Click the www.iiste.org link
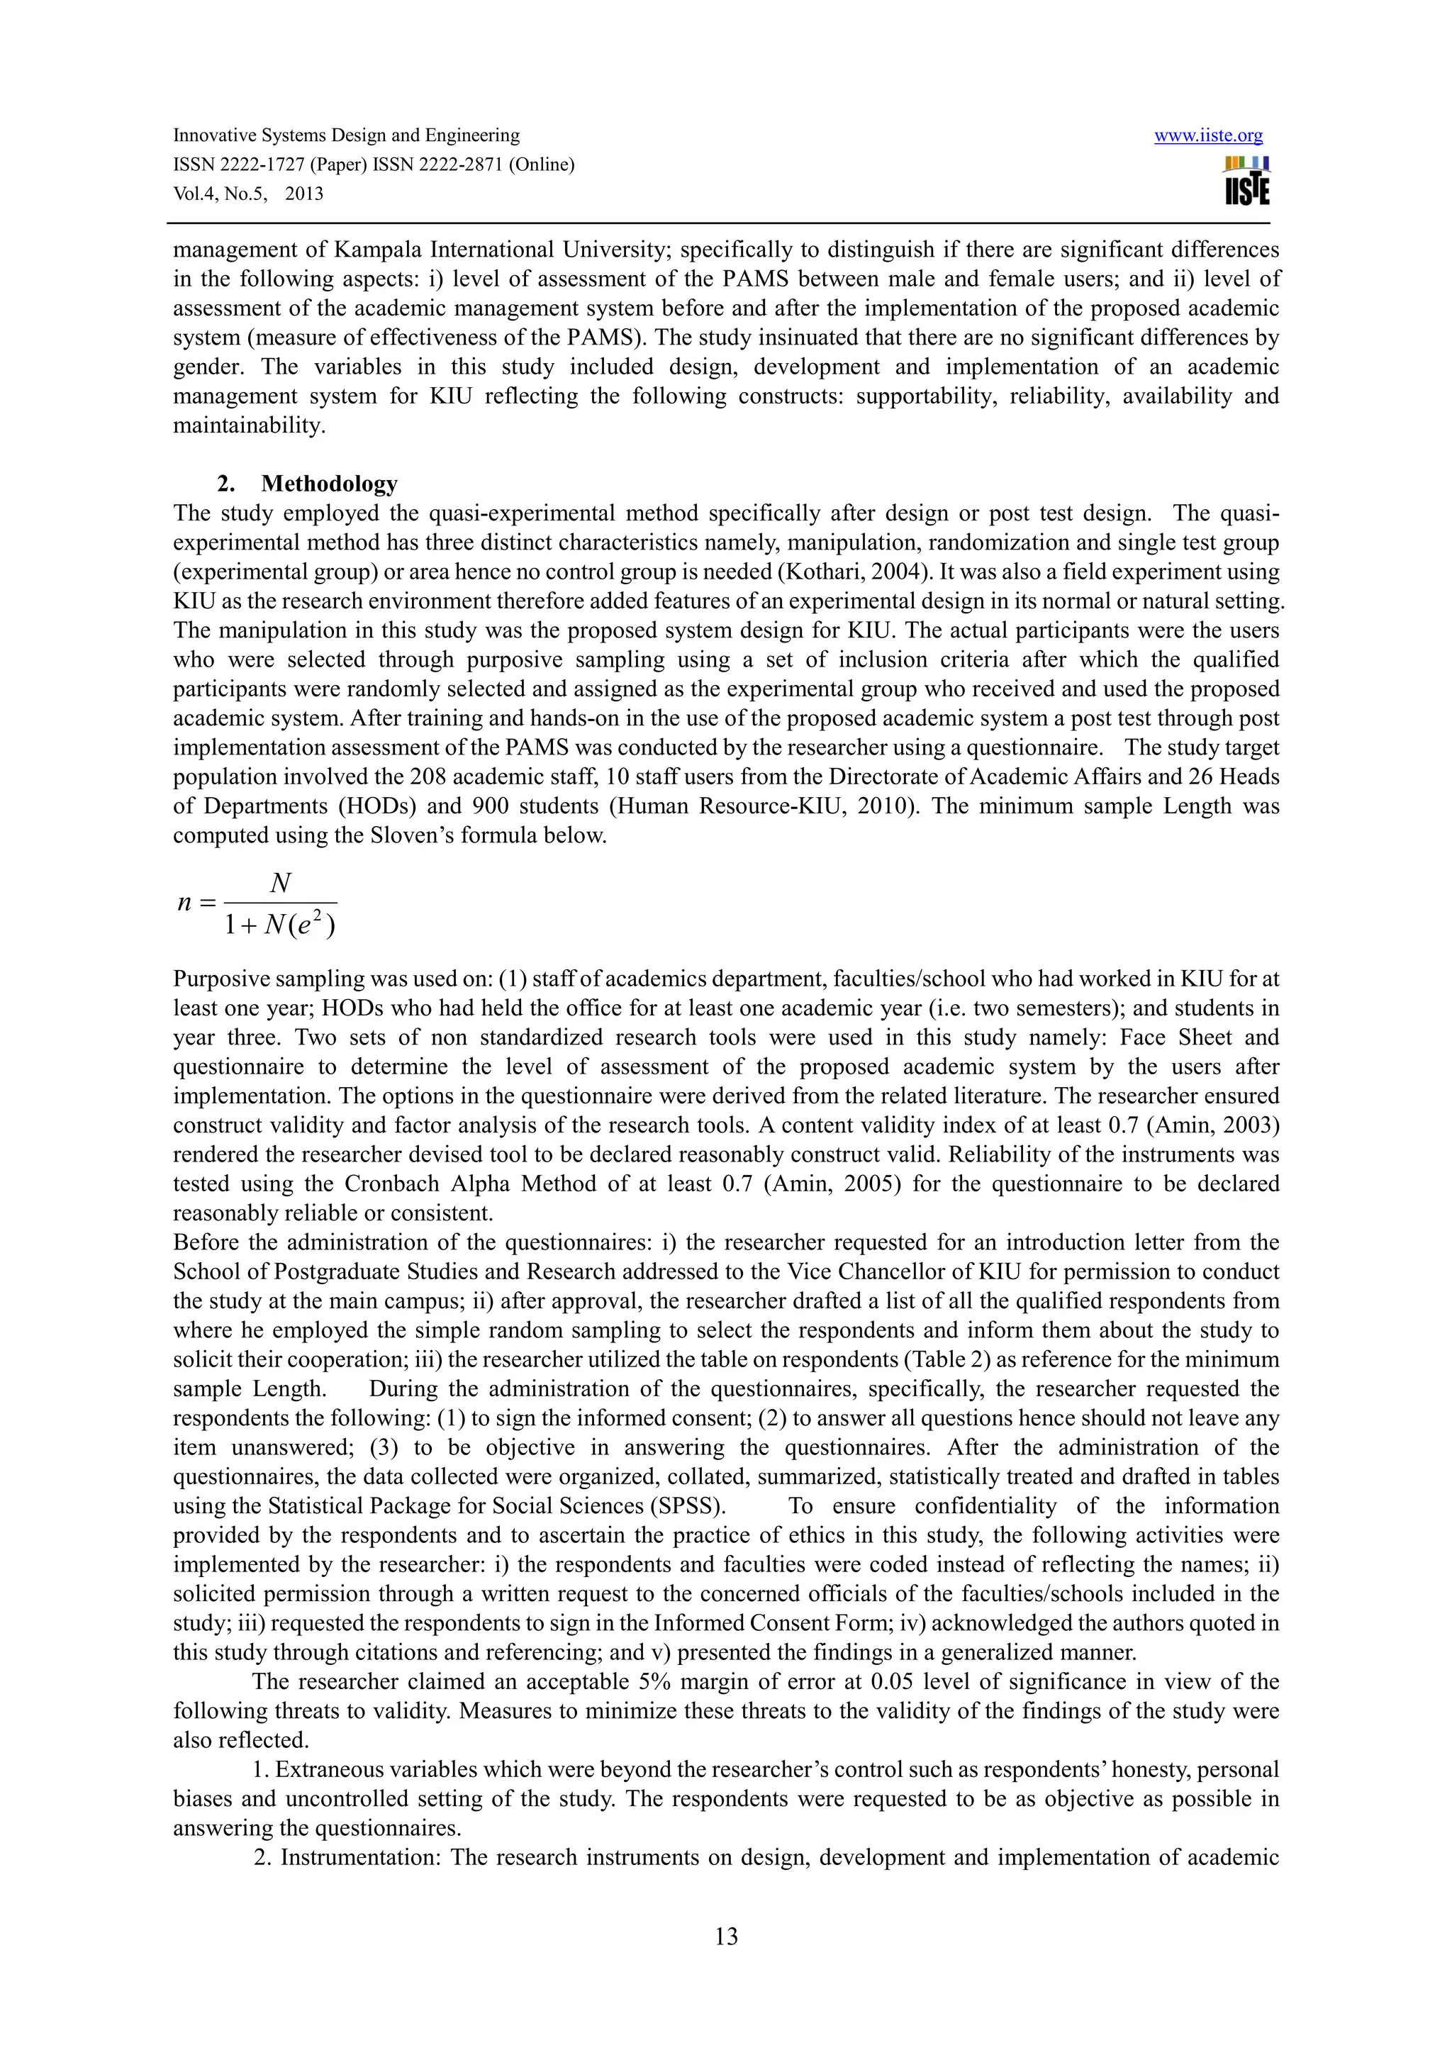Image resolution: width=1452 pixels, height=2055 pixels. pos(1208,136)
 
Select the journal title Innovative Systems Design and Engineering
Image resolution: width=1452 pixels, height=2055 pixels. pos(346,136)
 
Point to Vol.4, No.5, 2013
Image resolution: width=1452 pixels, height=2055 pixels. pos(248,194)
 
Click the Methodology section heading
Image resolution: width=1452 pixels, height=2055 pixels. pos(328,484)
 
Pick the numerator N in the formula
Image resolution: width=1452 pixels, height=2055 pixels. pos(280,884)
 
